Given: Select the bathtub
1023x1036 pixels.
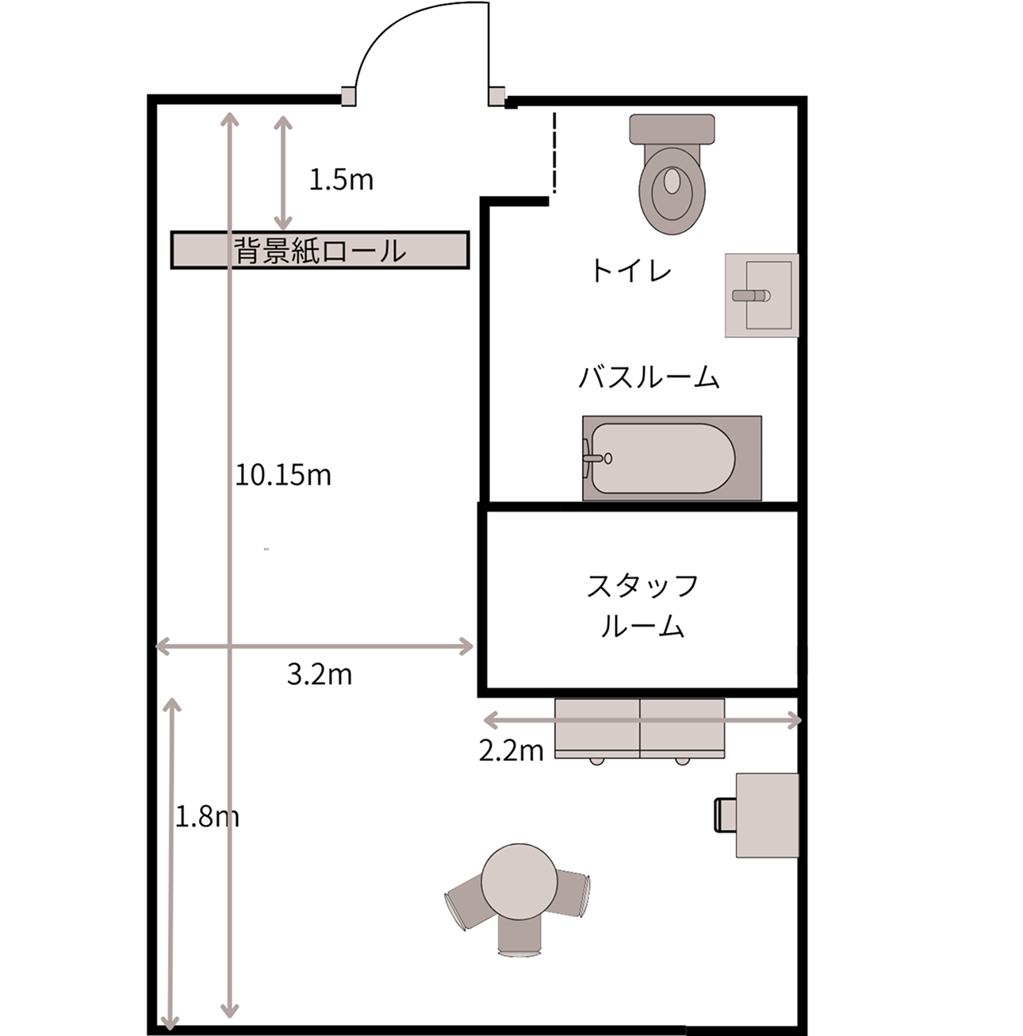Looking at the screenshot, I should click(672, 458).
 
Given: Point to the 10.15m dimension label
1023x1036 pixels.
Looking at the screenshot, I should click(283, 475).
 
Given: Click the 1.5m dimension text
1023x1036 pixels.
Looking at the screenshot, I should click(340, 180).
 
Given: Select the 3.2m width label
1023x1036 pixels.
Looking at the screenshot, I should click(319, 674).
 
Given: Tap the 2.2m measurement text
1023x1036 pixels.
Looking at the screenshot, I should click(511, 750).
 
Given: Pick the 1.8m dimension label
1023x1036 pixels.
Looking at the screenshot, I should click(206, 816).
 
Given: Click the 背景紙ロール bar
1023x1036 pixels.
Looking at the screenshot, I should click(320, 250).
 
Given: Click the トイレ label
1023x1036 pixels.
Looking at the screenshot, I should click(630, 271).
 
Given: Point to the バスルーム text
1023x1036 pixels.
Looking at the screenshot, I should click(649, 377).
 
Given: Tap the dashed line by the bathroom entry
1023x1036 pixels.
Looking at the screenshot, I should click(554, 152).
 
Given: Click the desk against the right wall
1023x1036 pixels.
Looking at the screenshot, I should click(767, 815).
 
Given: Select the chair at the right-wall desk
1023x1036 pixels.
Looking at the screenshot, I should click(724, 815).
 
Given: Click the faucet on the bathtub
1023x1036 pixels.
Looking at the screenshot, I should click(594, 458).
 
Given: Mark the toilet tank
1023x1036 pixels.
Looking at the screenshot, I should click(672, 129).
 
